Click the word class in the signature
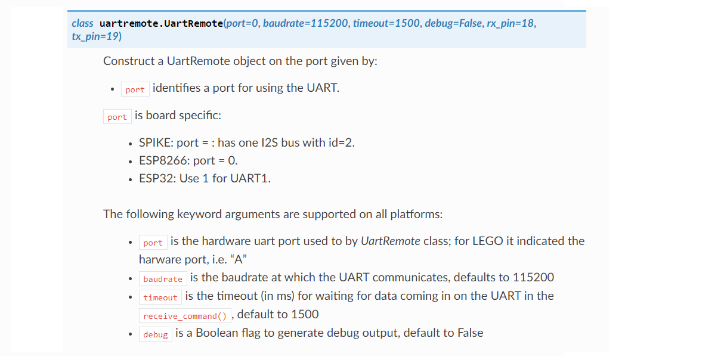[x=82, y=23]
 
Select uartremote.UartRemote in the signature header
[x=161, y=23]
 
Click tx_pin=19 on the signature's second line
[x=96, y=36]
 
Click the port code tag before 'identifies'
[x=135, y=89]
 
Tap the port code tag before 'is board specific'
[x=117, y=117]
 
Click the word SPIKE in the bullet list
[x=154, y=143]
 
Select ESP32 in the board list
[x=156, y=178]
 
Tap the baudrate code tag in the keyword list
[x=163, y=278]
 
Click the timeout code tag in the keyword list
[x=160, y=297]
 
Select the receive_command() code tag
[x=185, y=315]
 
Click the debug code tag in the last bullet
[x=156, y=334]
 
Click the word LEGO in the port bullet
[x=488, y=241]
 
